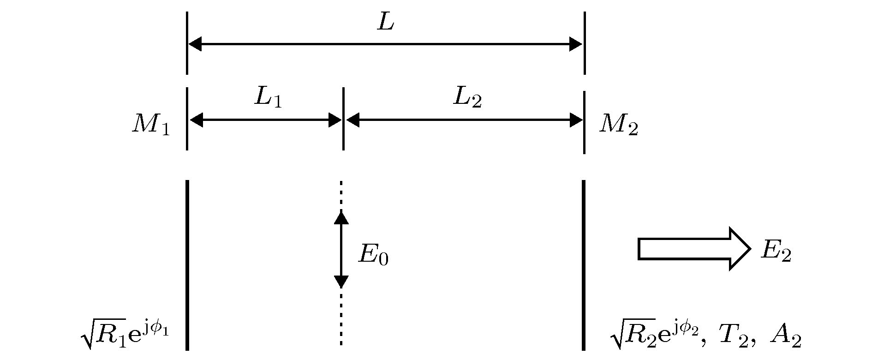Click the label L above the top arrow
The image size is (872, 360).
(x=386, y=22)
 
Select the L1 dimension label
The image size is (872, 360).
(x=268, y=97)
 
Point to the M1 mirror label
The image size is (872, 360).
(x=151, y=124)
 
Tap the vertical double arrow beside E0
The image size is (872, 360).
(x=341, y=249)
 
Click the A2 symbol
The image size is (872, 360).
(x=785, y=339)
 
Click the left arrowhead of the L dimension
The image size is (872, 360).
(x=195, y=44)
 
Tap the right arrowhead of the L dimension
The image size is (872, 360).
(x=576, y=44)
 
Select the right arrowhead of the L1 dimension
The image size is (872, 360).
(x=334, y=120)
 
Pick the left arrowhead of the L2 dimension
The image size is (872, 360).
(x=353, y=120)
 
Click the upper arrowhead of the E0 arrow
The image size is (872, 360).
(x=341, y=217)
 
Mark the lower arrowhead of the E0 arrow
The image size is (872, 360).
(x=341, y=282)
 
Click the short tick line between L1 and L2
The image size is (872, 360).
(x=343, y=119)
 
